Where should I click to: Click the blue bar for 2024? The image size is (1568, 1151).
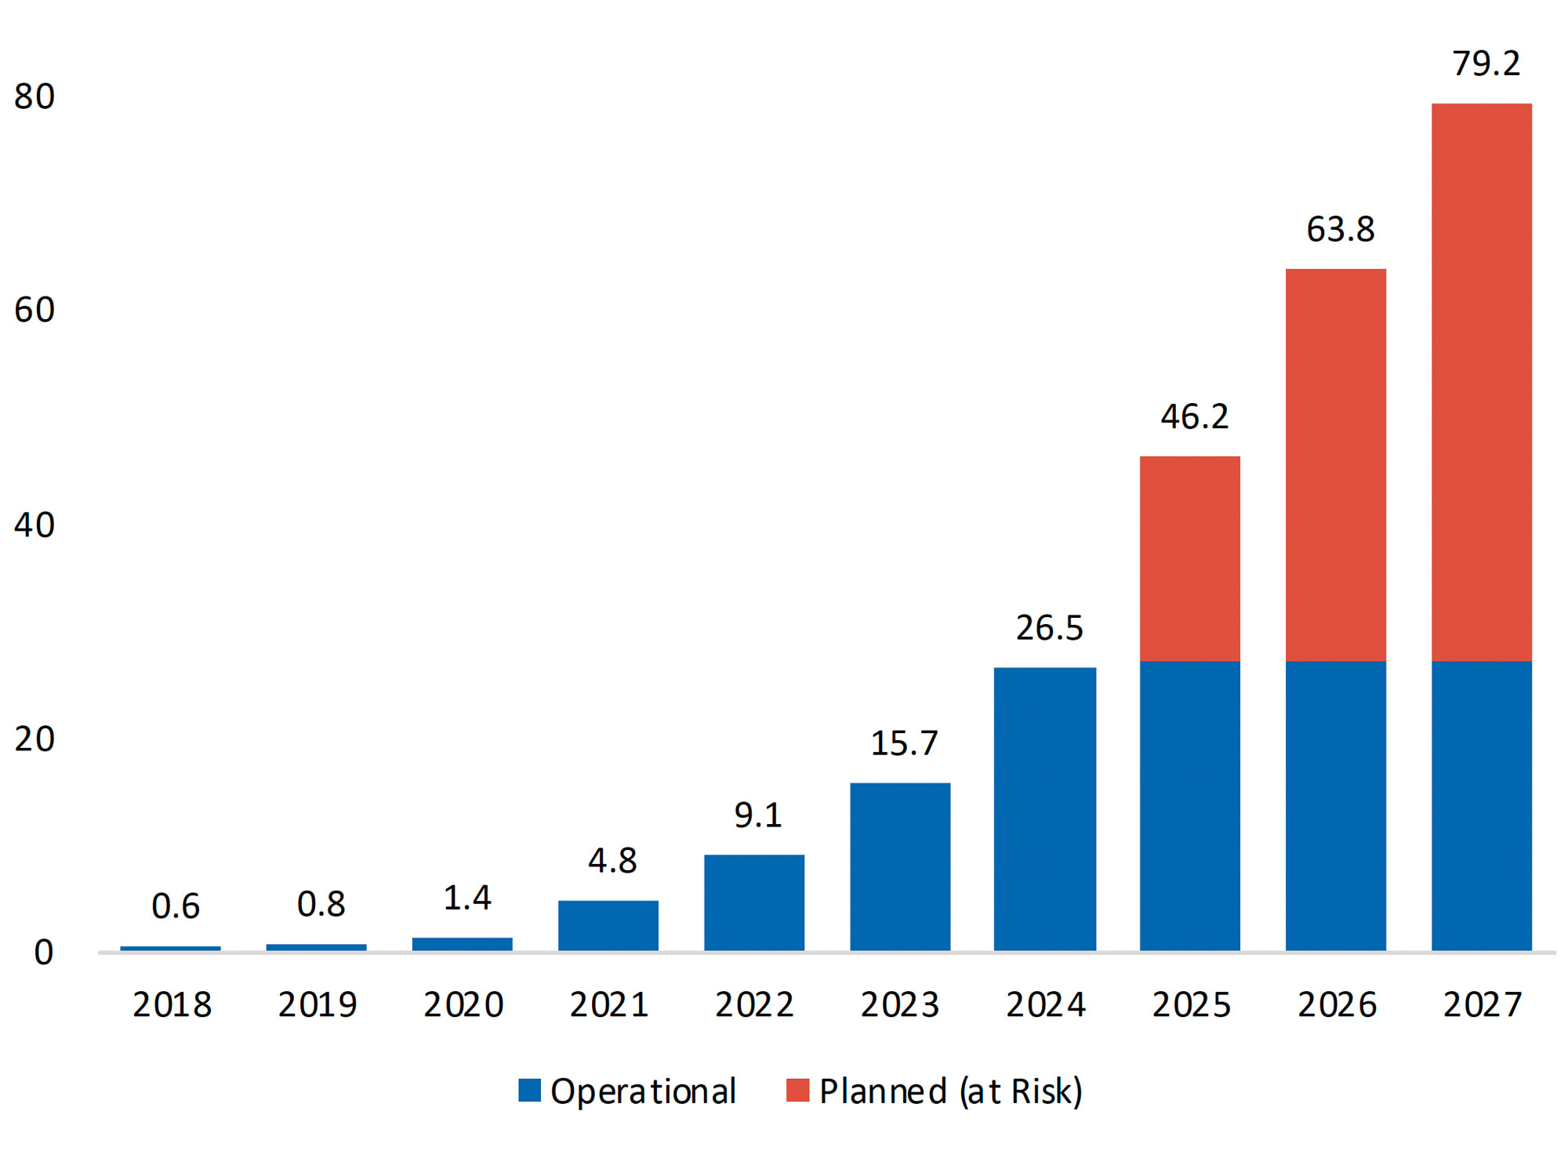[x=1044, y=809]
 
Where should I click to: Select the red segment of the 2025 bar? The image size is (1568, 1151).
[x=1189, y=558]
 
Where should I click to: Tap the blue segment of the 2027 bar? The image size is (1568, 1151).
[x=1481, y=806]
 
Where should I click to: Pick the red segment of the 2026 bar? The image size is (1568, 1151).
[x=1335, y=465]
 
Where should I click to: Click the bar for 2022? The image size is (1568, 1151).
[x=753, y=902]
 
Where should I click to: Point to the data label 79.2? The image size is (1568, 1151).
[x=1486, y=64]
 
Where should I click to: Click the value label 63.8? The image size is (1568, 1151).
[x=1340, y=230]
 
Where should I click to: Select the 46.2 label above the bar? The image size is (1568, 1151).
[x=1194, y=416]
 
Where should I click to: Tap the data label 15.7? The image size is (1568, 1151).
[x=903, y=743]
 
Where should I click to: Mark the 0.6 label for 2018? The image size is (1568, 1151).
[x=175, y=906]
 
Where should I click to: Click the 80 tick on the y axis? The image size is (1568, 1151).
[x=34, y=96]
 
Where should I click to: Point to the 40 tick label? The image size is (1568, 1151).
[x=34, y=525]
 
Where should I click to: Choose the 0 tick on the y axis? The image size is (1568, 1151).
[x=43, y=952]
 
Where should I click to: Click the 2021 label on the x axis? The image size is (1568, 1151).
[x=608, y=1004]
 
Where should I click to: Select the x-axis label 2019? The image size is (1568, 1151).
[x=317, y=1004]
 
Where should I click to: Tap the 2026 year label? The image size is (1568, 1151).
[x=1336, y=1004]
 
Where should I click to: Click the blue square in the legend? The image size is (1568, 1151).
[x=529, y=1090]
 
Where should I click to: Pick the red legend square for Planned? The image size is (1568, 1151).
[x=797, y=1090]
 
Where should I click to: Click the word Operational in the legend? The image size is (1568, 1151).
[x=642, y=1091]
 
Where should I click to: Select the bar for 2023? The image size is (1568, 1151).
[x=899, y=866]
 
